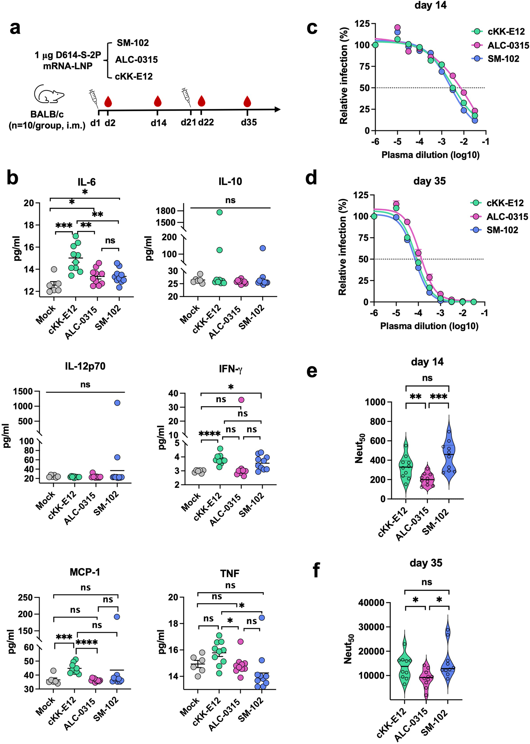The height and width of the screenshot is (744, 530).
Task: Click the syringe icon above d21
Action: (x=186, y=97)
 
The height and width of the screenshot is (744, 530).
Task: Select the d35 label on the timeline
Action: (x=249, y=122)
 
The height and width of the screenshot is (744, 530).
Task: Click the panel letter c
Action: (x=312, y=28)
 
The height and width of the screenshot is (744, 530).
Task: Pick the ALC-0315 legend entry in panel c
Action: (x=508, y=45)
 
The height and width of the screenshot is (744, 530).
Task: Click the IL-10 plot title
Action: (x=230, y=181)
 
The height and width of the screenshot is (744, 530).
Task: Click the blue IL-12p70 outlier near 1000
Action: (x=117, y=403)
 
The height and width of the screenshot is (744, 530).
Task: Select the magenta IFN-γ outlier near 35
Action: (x=241, y=400)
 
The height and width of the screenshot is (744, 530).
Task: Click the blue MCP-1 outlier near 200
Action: (x=117, y=617)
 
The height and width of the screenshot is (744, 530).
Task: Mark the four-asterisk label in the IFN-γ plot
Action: (x=210, y=434)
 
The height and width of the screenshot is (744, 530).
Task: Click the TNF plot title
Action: (x=230, y=573)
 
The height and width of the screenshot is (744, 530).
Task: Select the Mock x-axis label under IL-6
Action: (x=45, y=315)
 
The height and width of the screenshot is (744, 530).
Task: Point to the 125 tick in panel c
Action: (x=362, y=24)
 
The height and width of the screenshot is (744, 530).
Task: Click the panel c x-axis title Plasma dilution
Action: (x=430, y=155)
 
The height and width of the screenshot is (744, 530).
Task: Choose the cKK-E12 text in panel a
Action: (x=134, y=76)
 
